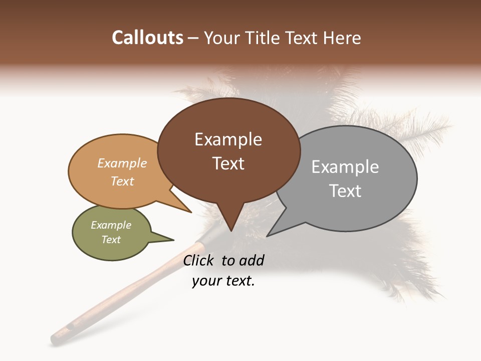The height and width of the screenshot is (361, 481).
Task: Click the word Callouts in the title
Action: pyautogui.click(x=147, y=38)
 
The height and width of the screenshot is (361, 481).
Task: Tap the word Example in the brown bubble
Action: pyautogui.click(x=228, y=139)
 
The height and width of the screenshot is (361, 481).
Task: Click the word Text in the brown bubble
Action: pyautogui.click(x=228, y=163)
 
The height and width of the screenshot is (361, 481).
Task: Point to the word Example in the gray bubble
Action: pyautogui.click(x=345, y=167)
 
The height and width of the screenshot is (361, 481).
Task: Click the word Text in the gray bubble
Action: pyautogui.click(x=345, y=191)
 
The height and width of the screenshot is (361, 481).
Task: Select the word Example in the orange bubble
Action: pyautogui.click(x=122, y=163)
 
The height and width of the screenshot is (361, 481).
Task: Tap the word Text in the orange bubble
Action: pyautogui.click(x=122, y=181)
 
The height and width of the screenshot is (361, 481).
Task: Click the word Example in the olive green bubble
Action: pyautogui.click(x=111, y=225)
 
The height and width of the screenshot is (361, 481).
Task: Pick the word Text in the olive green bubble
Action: pyautogui.click(x=111, y=240)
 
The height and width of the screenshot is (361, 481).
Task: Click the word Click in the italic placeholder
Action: pyautogui.click(x=199, y=260)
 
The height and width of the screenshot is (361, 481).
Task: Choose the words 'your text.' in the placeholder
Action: pyautogui.click(x=223, y=281)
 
